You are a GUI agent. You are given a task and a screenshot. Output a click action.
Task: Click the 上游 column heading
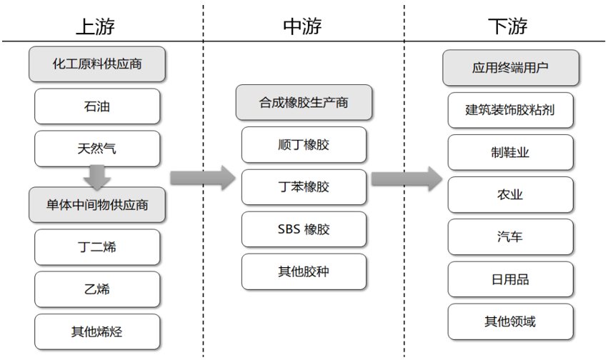click(96, 26)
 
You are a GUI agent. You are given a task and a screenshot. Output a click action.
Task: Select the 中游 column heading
click(303, 26)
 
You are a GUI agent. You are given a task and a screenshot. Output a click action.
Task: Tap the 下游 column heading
click(508, 26)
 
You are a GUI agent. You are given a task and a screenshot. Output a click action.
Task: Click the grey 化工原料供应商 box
click(97, 64)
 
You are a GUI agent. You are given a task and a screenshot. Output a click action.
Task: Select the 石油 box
click(97, 106)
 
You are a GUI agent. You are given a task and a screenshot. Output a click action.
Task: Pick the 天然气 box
click(97, 149)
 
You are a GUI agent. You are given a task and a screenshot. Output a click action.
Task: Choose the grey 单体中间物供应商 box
click(97, 205)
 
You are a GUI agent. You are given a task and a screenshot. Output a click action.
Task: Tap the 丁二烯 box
click(97, 247)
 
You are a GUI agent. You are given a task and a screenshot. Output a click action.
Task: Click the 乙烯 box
click(97, 289)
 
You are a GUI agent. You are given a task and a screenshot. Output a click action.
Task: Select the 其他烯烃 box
click(97, 331)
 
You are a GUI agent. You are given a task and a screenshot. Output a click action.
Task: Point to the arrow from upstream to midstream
click(203, 177)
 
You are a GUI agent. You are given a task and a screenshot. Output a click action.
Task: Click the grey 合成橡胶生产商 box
click(304, 103)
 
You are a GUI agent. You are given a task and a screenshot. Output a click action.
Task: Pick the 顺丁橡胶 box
click(304, 145)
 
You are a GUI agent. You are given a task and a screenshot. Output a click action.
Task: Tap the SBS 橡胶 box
click(304, 229)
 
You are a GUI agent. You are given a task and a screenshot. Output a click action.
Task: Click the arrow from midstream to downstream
click(406, 177)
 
